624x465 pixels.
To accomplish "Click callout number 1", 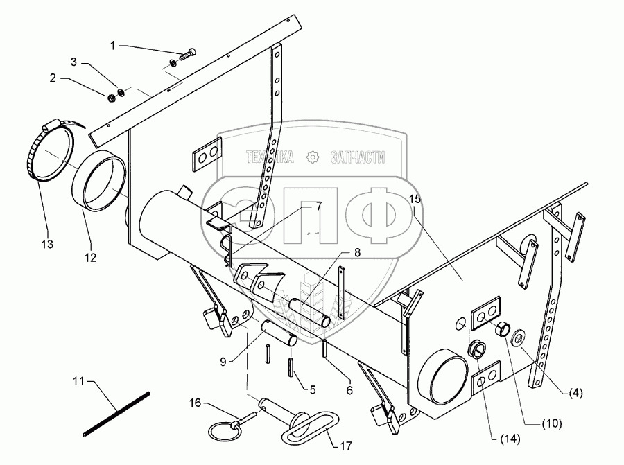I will [113, 45].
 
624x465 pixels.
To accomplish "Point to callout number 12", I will [92, 256].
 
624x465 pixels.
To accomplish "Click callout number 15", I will [415, 198].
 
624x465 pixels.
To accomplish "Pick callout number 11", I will [79, 380].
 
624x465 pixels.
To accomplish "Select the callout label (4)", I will [577, 393].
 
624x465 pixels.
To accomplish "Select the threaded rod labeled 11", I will [116, 414].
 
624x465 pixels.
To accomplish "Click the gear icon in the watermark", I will [313, 158].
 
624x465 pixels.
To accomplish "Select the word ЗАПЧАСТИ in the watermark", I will [359, 158].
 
